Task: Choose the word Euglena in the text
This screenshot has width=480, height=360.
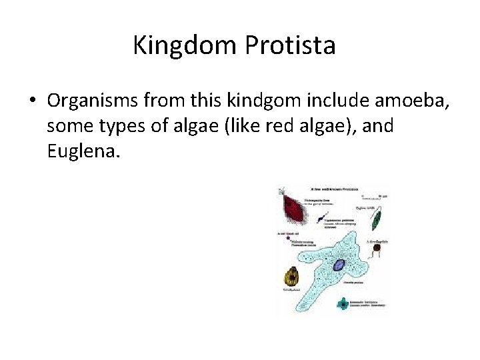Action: (x=83, y=151)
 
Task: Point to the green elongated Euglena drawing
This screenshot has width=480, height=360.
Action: (x=377, y=219)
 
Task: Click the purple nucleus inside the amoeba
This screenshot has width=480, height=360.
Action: (x=338, y=265)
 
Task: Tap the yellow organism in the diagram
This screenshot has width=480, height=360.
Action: (x=291, y=277)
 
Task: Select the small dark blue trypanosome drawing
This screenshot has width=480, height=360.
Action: (x=321, y=219)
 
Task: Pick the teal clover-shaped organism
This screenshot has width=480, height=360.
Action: (x=343, y=304)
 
